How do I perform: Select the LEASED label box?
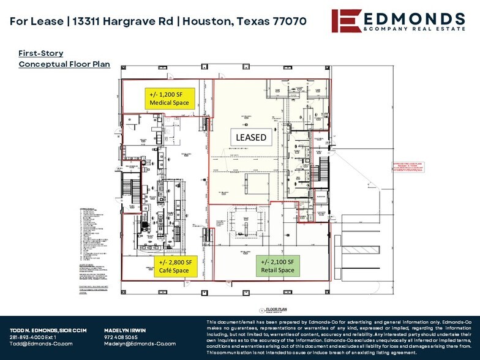251,137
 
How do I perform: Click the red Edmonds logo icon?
345,20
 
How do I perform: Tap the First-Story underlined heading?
40,53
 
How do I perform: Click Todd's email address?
42,343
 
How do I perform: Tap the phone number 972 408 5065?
120,337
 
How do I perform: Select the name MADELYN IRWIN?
125,330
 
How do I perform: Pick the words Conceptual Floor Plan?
64,64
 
